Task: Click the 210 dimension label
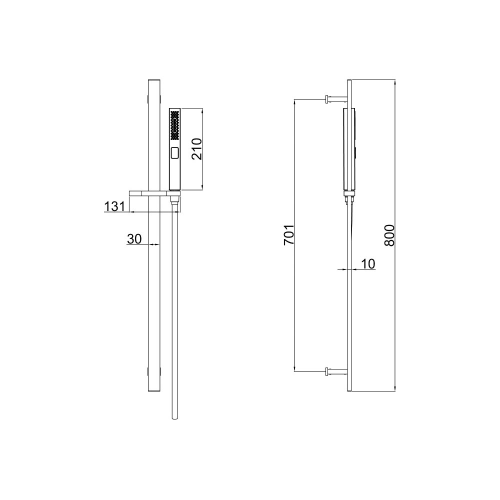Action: click(196, 149)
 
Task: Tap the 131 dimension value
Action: click(115, 206)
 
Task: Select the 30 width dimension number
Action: click(134, 239)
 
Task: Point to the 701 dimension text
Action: click(289, 235)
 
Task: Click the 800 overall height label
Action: click(389, 235)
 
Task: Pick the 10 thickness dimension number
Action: click(368, 264)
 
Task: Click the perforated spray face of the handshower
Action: click(174, 125)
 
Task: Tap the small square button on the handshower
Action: click(174, 153)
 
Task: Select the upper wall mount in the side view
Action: click(336, 99)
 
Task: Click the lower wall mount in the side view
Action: click(336, 371)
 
